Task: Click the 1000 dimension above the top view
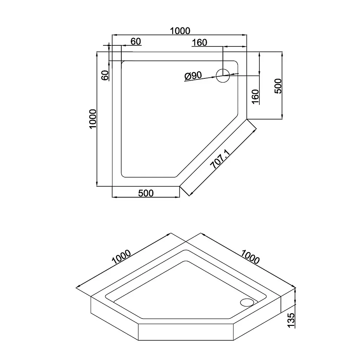(x=180, y=31)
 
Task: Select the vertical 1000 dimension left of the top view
(x=93, y=119)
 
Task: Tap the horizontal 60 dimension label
(x=136, y=41)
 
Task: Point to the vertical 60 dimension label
(x=105, y=75)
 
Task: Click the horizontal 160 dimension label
(x=200, y=43)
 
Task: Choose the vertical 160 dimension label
(x=255, y=97)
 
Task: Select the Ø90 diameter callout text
(x=193, y=76)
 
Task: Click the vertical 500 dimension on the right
(x=278, y=86)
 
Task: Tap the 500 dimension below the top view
(x=146, y=193)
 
